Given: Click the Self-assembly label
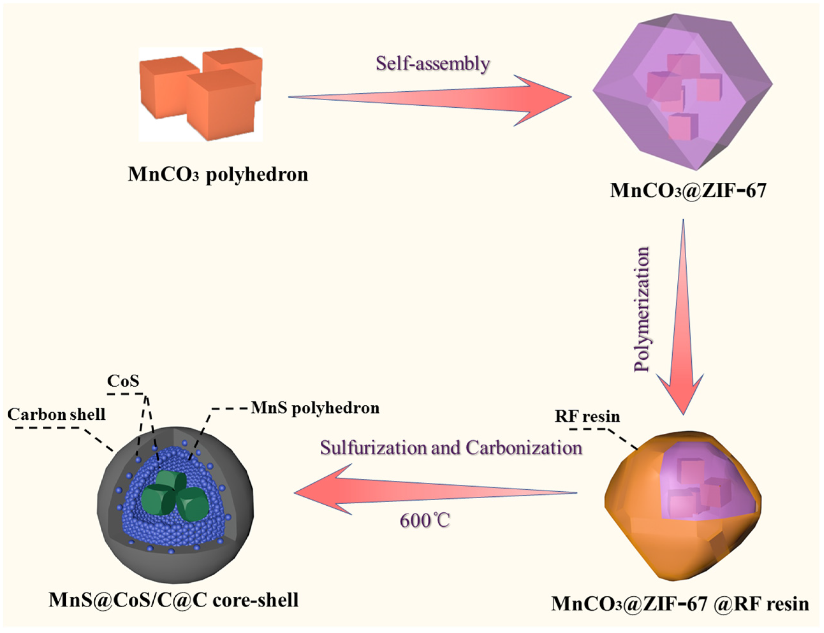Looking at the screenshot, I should pos(433,63).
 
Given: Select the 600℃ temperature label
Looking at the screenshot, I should pos(425,521).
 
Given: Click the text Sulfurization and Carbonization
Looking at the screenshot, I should pos(451,448).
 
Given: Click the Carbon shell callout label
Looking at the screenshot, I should pos(56,415).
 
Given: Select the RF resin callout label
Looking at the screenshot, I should pos(587,416).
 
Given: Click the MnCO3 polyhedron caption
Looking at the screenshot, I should pos(218,174).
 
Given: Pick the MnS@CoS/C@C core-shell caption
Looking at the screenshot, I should pos(173,600).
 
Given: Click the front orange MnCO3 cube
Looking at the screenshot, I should pos(221,105).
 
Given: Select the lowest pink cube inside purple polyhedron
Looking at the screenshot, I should pos(682,126).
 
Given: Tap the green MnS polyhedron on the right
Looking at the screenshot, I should pos(193,503).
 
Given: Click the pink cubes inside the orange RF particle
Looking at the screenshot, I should pos(698,490).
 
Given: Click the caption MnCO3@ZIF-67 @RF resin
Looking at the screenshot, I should pos(680,604).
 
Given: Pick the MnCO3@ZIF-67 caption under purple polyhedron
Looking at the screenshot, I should pos(688,190).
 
